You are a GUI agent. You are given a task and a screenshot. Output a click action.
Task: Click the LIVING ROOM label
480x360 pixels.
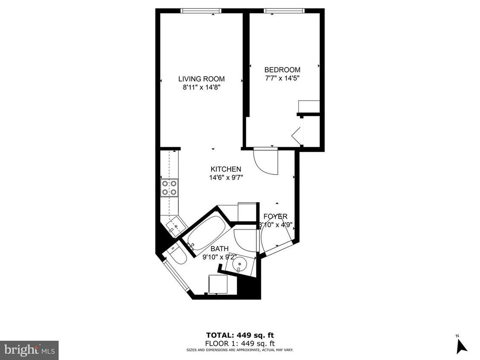click(x=201, y=79)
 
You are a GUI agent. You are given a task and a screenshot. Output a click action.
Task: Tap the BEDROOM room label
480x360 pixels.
click(x=282, y=70)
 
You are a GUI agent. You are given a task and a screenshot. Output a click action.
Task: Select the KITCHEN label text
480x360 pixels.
click(x=226, y=169)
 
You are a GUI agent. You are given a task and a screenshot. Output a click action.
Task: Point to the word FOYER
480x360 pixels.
click(x=275, y=217)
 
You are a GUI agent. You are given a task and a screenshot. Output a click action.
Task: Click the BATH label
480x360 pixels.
click(x=219, y=249)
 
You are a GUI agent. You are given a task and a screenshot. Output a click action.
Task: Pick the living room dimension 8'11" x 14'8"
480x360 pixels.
click(x=201, y=87)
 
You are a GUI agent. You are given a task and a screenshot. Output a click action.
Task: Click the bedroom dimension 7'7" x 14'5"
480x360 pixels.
click(x=282, y=78)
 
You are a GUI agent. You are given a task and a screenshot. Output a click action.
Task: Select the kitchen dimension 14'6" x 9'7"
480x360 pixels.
click(x=226, y=177)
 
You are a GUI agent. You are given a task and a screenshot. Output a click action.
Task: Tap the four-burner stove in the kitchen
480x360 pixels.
click(x=169, y=188)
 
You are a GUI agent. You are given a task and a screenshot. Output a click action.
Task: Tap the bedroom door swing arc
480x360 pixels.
click(x=265, y=161)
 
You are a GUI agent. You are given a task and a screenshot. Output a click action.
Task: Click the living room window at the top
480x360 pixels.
click(x=201, y=11)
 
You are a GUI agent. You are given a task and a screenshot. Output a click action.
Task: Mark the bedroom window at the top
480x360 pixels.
click(x=284, y=11)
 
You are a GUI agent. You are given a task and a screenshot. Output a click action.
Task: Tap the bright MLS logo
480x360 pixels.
click(x=29, y=350)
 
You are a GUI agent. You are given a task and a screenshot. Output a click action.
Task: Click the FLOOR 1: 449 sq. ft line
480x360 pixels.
click(x=239, y=343)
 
